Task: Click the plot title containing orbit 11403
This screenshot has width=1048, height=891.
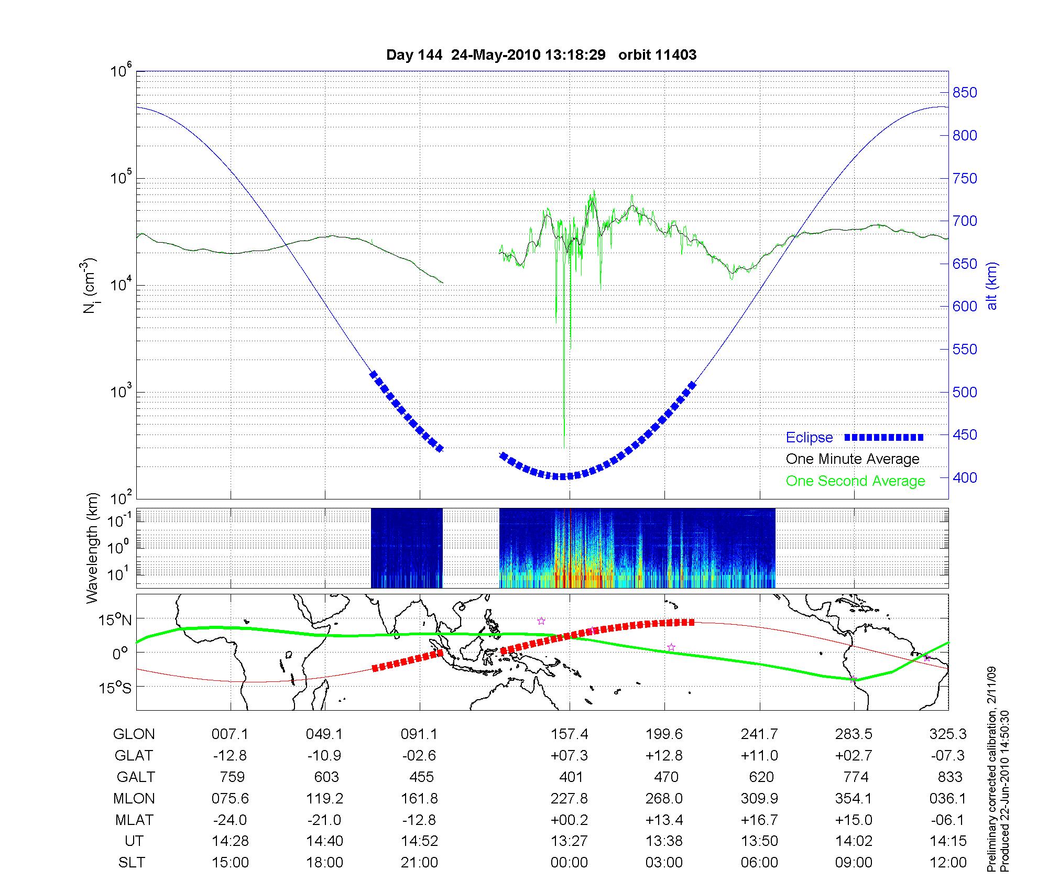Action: [x=541, y=55]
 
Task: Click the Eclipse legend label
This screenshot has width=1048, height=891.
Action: [x=809, y=438]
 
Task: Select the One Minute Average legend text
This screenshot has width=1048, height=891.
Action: [x=853, y=459]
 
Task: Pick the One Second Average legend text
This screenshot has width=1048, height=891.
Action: [x=855, y=481]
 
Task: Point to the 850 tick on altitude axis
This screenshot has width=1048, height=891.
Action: [x=965, y=93]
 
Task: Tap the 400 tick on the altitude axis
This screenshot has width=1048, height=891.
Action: [x=965, y=477]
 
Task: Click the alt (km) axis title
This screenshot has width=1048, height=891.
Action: [x=992, y=286]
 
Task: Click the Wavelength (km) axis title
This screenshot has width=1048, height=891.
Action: [x=93, y=548]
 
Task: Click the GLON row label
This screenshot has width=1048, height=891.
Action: [x=134, y=734]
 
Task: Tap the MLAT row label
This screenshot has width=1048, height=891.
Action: [x=134, y=820]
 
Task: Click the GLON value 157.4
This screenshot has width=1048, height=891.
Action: [x=569, y=734]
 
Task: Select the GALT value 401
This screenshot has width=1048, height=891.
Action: [x=571, y=777]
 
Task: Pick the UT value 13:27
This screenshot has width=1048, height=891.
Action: [x=569, y=841]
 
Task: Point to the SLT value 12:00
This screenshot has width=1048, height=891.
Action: [x=948, y=863]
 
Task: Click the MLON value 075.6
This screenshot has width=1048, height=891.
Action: [x=230, y=798]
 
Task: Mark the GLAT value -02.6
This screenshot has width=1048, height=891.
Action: [x=419, y=756]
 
